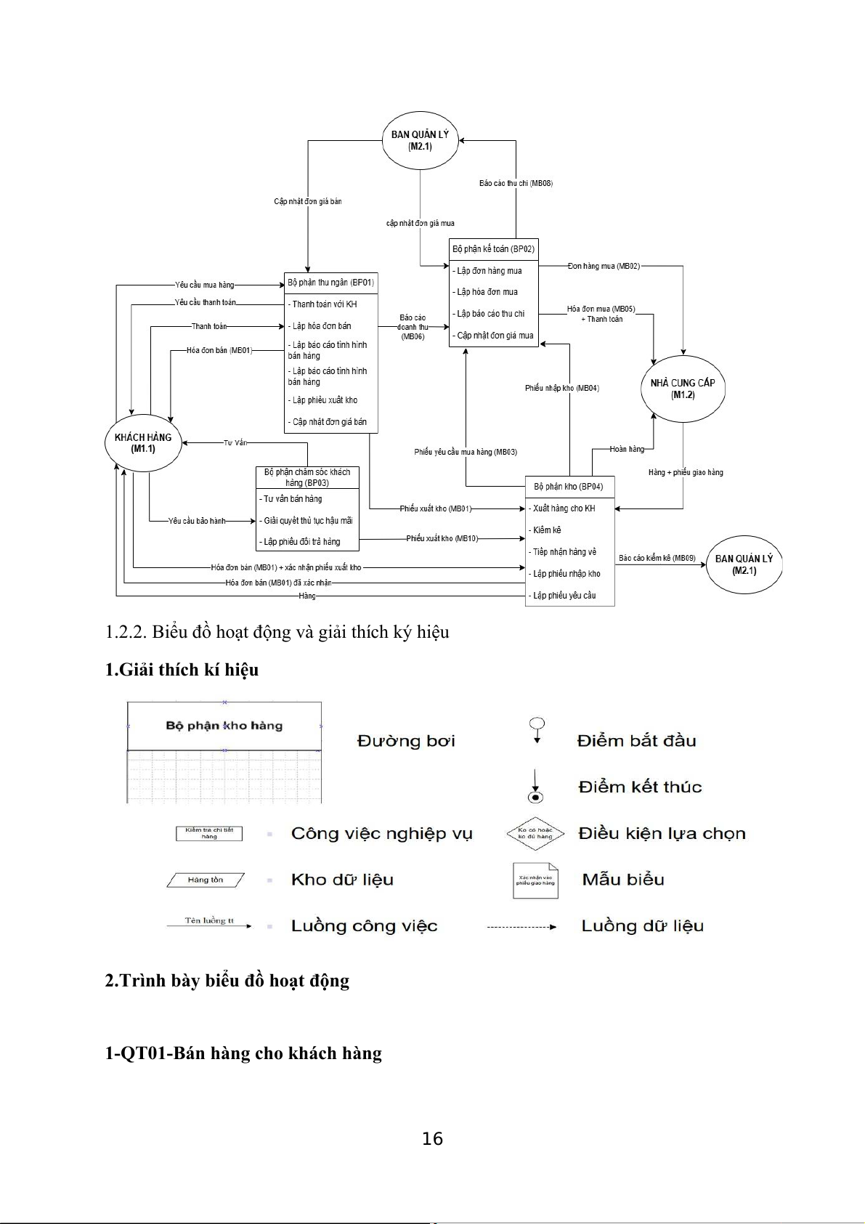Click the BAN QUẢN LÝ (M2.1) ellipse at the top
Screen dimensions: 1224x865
coord(420,140)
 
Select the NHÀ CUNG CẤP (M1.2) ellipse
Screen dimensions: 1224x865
coord(683,389)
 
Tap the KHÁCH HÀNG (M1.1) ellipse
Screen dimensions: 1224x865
coord(143,442)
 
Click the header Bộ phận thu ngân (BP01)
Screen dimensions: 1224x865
coord(330,283)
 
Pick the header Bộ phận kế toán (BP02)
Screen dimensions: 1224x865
coord(493,249)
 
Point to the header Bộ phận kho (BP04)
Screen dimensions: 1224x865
coord(569,487)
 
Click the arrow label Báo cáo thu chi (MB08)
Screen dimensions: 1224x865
coord(516,184)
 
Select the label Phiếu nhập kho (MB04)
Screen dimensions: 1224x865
coord(561,389)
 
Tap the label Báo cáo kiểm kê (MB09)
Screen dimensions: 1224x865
coord(657,559)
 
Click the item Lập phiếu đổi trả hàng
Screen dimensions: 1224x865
coord(302,542)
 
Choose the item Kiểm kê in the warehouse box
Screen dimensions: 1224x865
coord(547,530)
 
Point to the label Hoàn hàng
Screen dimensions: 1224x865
coord(627,450)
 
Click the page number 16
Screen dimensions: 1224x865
coord(432,1139)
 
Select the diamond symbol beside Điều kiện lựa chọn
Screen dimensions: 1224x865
coord(535,833)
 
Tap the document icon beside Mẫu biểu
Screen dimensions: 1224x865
coord(535,880)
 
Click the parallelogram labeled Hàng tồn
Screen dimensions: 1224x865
coord(206,880)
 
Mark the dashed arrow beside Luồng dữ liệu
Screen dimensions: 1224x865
coord(521,927)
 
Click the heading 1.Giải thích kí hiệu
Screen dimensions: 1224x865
coord(182,670)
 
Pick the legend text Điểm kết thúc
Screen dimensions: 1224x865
coord(640,787)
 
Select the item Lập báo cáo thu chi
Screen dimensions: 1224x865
coord(490,314)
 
